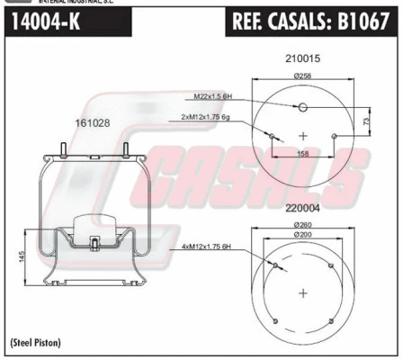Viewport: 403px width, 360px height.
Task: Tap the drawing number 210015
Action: click(x=302, y=58)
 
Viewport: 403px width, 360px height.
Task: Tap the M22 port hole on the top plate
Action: click(x=303, y=109)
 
